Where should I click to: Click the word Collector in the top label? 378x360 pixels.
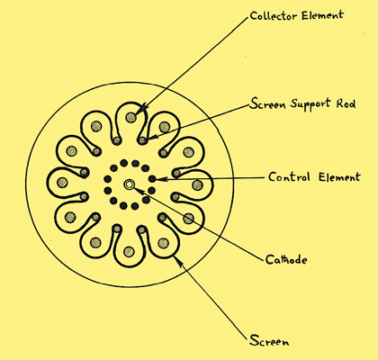pyautogui.click(x=274, y=15)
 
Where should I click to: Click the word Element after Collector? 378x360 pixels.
pyautogui.click(x=322, y=15)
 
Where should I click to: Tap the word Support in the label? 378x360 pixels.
pyautogui.click(x=310, y=104)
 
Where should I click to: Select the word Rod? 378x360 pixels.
pyautogui.click(x=346, y=103)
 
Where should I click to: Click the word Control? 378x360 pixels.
pyautogui.click(x=289, y=176)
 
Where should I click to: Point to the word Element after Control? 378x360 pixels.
pyautogui.click(x=339, y=176)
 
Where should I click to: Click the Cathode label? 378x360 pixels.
pyautogui.click(x=286, y=259)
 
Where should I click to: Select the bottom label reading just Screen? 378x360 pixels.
pyautogui.click(x=269, y=341)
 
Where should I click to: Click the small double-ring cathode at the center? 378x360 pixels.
pyautogui.click(x=130, y=184)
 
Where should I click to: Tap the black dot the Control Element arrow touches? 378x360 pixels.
pyautogui.click(x=152, y=179)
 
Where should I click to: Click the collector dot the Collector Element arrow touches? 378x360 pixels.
pyautogui.click(x=131, y=117)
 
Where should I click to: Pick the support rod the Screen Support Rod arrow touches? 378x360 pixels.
pyautogui.click(x=143, y=140)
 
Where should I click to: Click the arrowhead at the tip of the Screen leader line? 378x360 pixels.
pyautogui.click(x=177, y=261)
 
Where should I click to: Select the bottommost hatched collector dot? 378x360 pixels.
pyautogui.click(x=129, y=251)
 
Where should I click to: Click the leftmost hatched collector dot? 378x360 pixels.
pyautogui.click(x=62, y=182)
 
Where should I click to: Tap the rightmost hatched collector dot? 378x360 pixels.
pyautogui.click(x=197, y=184)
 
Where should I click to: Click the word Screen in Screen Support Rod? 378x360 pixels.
pyautogui.click(x=267, y=103)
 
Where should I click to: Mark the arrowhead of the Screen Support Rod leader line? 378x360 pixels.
pyautogui.click(x=152, y=137)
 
